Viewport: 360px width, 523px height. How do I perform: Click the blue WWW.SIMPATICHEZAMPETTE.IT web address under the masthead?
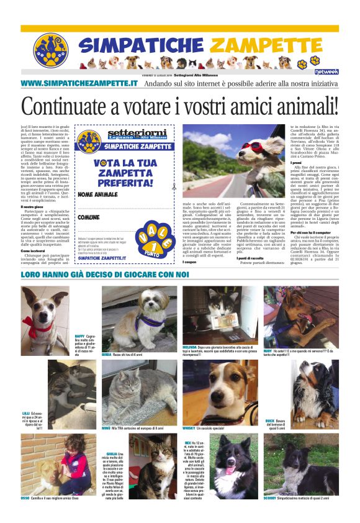click(x=79, y=83)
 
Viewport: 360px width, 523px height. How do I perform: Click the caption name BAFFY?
click(x=79, y=335)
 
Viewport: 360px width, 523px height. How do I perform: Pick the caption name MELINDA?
click(x=190, y=347)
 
